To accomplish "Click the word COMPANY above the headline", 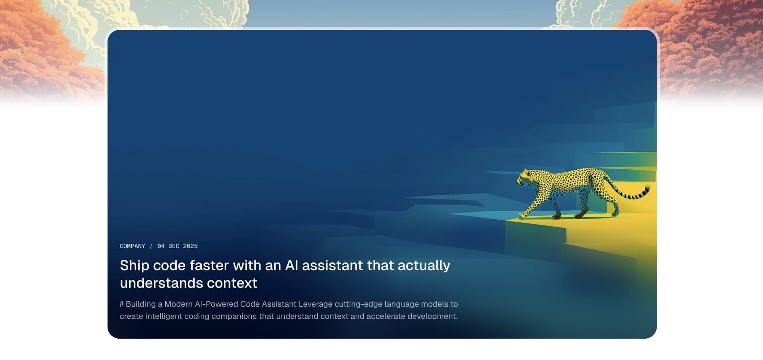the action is point(132,246).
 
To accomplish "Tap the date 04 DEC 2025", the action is point(177,246).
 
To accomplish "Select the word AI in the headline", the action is point(291,265).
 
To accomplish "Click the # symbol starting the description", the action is point(122,304).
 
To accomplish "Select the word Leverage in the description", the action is point(316,304).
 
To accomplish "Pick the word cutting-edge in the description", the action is point(359,304).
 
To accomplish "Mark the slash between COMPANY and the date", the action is point(151,246).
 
